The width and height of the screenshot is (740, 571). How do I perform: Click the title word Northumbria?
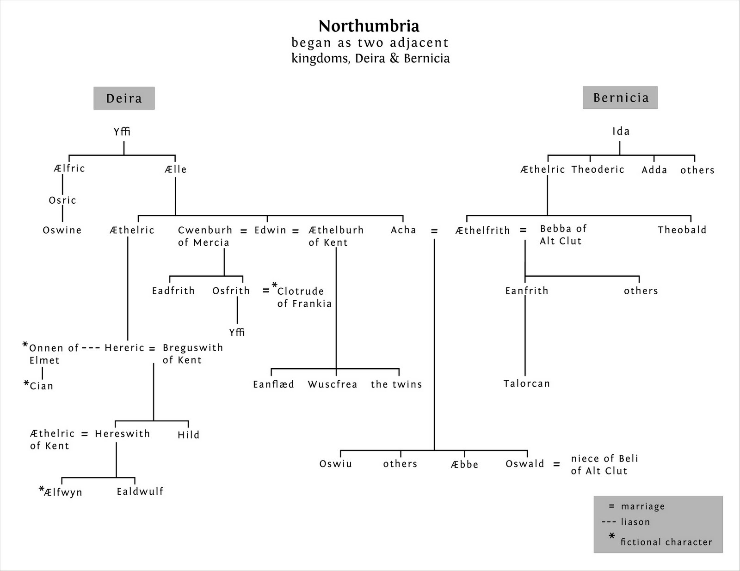coord(369,26)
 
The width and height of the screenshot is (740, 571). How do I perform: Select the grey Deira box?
coord(124,98)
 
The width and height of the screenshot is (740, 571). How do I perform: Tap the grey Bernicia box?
coord(620,97)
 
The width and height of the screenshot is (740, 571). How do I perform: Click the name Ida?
coord(621,131)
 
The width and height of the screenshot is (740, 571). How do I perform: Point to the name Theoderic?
coord(598,170)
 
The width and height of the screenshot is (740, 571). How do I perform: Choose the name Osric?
coord(62,200)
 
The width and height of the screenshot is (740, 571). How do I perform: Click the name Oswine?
coord(62,230)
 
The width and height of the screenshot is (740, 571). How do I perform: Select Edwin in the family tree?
coord(270,230)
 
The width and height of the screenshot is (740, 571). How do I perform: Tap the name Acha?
coord(403,230)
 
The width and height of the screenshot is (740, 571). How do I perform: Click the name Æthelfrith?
coord(482,231)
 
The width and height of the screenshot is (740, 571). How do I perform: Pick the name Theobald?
coord(682,230)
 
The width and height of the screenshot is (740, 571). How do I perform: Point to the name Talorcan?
coord(526,383)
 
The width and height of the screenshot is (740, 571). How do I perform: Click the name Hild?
coord(188,435)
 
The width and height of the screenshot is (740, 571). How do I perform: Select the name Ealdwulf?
coord(140,492)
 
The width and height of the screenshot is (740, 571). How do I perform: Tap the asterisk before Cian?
coord(26,383)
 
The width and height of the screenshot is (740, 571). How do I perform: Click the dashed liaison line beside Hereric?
coord(91,348)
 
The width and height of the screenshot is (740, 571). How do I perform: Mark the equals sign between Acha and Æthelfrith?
coord(434,231)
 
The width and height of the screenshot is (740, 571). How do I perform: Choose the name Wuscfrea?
coord(332,384)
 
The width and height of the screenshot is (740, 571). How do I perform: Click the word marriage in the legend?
coord(642,506)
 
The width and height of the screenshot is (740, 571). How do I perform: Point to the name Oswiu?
coord(336,464)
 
